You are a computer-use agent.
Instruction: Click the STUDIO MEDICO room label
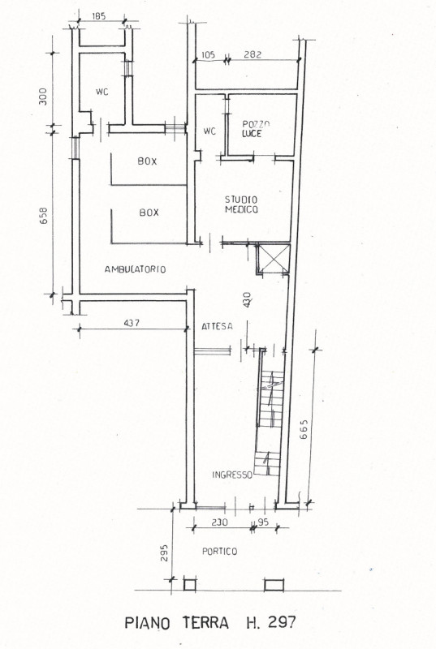(x=241, y=204)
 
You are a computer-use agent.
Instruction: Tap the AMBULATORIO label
(x=136, y=269)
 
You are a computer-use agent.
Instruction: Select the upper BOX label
(x=147, y=161)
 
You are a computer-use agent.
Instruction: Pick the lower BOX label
(x=149, y=213)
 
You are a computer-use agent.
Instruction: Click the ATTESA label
(x=217, y=326)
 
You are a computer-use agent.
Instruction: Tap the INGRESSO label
(x=232, y=475)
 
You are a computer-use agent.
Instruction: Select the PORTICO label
(x=219, y=552)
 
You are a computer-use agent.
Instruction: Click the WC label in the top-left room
(x=101, y=92)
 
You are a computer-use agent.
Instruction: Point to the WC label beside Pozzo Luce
(x=209, y=131)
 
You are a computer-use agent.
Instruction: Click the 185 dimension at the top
(x=98, y=16)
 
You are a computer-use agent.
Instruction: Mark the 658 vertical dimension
(x=44, y=215)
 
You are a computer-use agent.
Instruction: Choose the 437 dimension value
(x=132, y=322)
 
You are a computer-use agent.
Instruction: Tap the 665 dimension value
(x=304, y=429)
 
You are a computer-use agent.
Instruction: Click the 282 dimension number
(x=253, y=54)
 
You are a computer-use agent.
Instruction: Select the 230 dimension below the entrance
(x=219, y=522)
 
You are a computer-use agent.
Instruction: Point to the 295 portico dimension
(x=164, y=552)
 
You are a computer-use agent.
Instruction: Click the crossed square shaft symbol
(x=274, y=259)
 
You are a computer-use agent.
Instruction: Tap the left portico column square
(x=190, y=585)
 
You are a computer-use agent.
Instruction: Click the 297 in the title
(x=282, y=622)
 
